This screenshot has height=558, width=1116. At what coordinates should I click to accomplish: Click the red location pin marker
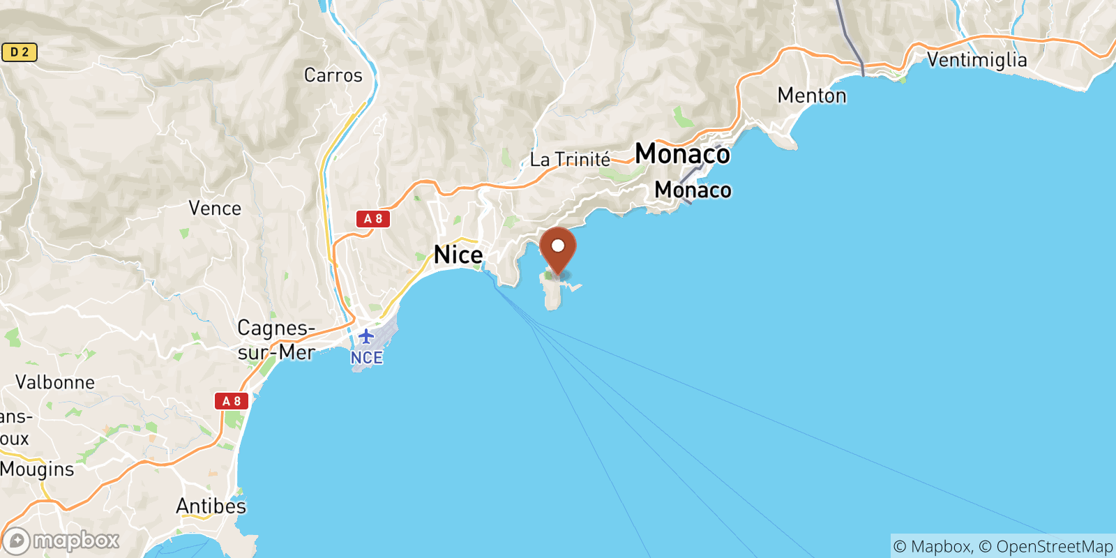tap(558, 250)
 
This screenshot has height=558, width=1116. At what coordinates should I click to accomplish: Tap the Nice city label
tap(458, 255)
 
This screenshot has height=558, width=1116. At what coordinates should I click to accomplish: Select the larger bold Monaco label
tap(682, 154)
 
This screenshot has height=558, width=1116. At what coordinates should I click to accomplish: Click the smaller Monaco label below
tap(693, 190)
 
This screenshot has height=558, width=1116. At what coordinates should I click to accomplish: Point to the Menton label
tap(812, 96)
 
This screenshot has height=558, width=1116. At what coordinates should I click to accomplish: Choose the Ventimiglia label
tap(976, 60)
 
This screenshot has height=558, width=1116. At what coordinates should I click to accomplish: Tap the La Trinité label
tap(570, 160)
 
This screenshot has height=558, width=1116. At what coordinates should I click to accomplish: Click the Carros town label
tap(333, 75)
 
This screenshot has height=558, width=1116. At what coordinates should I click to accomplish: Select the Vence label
tap(215, 209)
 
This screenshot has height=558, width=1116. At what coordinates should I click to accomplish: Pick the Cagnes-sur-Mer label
tap(276, 340)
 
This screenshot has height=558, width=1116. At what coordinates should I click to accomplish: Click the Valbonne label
tap(55, 382)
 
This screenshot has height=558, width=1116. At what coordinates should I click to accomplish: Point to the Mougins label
tap(37, 469)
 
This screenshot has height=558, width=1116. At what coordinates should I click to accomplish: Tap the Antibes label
tap(211, 506)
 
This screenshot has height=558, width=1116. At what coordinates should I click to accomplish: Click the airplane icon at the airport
tap(366, 337)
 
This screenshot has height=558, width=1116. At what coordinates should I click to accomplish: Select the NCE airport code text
tap(366, 358)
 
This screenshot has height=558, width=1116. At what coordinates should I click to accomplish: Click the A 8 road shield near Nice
tap(373, 219)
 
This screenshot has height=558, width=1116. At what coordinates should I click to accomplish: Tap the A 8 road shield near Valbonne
tap(232, 401)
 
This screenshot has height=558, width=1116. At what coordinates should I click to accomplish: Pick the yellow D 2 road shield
tap(19, 52)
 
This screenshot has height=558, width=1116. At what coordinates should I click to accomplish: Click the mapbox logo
tap(61, 541)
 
